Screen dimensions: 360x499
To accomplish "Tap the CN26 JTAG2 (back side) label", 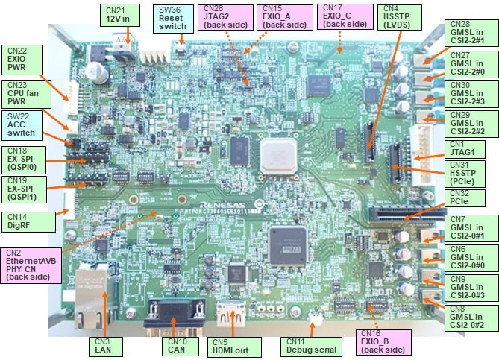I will coord(226,17).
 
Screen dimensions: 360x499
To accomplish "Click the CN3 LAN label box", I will coord(103,345).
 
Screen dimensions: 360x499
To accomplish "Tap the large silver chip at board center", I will coord(277,155).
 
